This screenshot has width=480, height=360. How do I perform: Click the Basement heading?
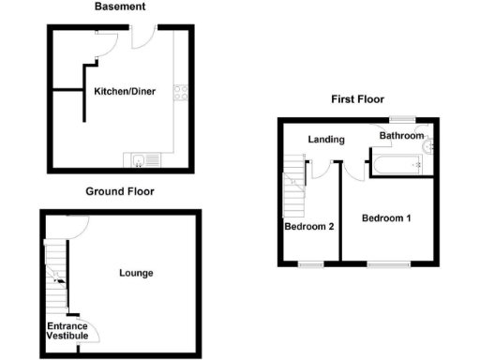(120, 7)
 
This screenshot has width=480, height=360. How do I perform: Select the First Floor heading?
(356, 99)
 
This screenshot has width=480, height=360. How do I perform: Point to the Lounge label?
(136, 273)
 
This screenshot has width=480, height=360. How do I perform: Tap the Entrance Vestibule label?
(67, 330)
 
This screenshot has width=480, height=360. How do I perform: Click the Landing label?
(327, 140)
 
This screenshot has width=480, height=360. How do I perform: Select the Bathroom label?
(401, 136)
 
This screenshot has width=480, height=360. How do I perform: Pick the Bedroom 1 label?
(387, 218)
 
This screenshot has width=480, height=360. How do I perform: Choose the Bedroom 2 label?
(309, 226)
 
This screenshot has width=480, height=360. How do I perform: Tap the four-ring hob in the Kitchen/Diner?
(180, 92)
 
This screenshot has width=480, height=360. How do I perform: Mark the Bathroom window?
(403, 120)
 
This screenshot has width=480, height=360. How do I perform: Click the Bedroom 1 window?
(387, 263)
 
